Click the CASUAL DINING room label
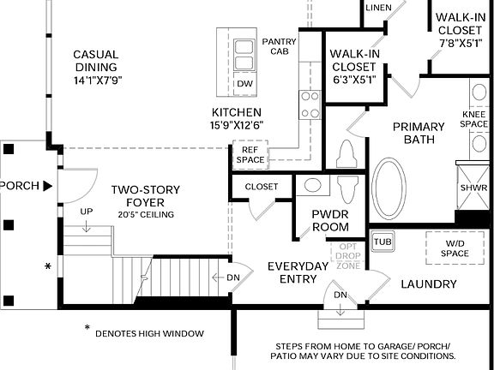[96, 55]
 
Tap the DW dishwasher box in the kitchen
[244, 83]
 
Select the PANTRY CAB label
[279, 46]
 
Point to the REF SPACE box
[250, 154]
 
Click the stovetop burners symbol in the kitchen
[310, 104]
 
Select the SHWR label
[473, 187]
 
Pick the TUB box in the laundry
[382, 242]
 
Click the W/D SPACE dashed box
[455, 248]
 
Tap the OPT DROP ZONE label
[348, 256]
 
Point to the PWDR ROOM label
[330, 221]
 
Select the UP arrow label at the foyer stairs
[87, 212]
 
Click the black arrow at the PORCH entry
[48, 185]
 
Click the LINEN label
[378, 8]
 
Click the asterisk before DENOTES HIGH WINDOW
[87, 328]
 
